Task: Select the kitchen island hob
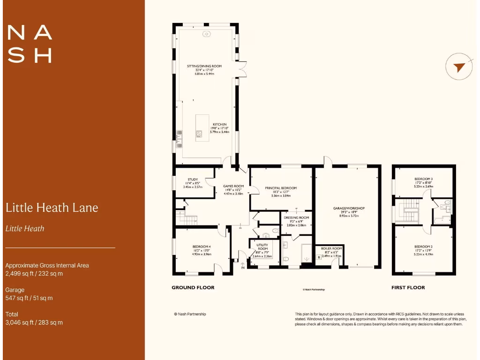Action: tap(199, 133)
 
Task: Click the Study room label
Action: tap(192, 179)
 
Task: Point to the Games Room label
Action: tap(233, 186)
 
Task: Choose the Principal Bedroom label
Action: tap(281, 188)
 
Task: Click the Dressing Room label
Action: tap(296, 217)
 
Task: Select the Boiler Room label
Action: tap(332, 248)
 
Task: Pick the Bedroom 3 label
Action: tap(423, 179)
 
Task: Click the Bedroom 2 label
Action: tap(423, 247)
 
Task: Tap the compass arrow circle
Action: tap(459, 67)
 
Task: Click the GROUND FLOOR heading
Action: tap(193, 287)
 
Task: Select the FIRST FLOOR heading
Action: tap(408, 287)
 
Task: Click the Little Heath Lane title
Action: tap(52, 207)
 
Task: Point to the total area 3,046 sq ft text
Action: tap(34, 322)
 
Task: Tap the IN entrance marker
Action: tap(242, 267)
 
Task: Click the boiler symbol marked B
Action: tap(319, 257)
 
